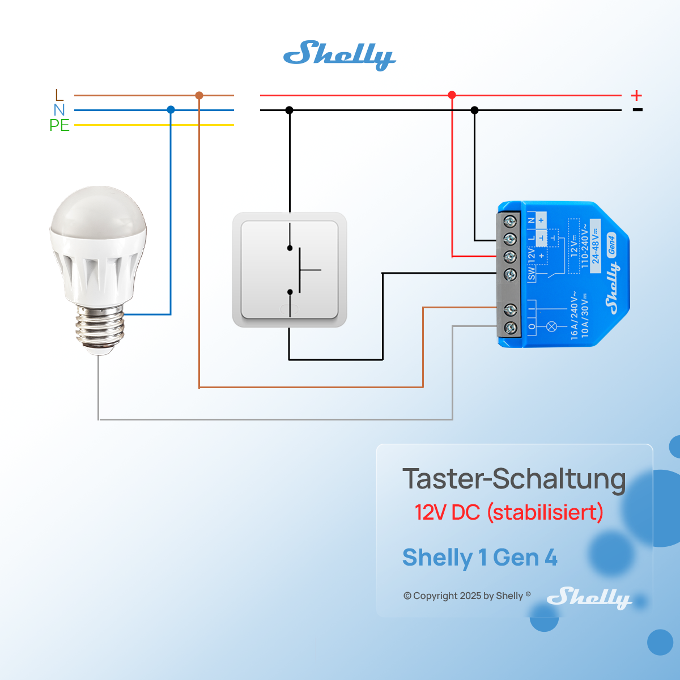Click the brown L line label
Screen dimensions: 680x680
(59, 95)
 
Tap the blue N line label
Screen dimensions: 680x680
(59, 110)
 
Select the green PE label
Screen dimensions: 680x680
(59, 125)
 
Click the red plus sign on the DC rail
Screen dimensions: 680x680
(636, 95)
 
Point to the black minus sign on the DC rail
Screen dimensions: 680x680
(637, 110)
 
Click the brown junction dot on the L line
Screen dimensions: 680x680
(199, 95)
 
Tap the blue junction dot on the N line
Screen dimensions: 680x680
(171, 110)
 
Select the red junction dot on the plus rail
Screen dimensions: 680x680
(452, 95)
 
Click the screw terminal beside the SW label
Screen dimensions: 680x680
(510, 275)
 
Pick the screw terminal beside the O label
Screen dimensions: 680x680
(510, 327)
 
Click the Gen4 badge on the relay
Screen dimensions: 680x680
(611, 244)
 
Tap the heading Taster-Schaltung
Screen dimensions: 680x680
(514, 479)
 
